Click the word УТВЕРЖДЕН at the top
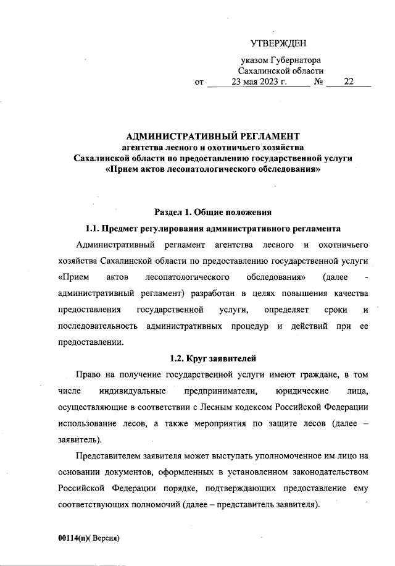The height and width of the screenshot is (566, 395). [278, 43]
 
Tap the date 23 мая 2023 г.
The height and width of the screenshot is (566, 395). [257, 81]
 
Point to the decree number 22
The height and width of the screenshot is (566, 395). [349, 81]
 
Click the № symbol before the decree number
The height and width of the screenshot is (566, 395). [319, 81]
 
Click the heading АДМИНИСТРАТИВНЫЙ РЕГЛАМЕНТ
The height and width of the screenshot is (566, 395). [212, 135]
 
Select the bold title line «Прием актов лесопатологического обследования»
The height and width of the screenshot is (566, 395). [213, 169]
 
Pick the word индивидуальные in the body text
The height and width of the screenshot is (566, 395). [131, 391]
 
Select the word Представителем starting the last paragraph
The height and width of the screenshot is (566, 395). [110, 456]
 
